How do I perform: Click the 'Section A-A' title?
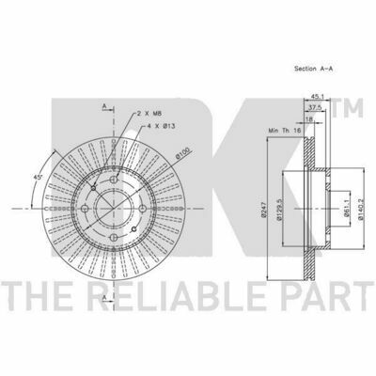[313, 69]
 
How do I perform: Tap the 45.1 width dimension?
[317, 96]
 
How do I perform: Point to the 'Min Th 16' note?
[284, 130]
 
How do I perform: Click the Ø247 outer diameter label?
[262, 209]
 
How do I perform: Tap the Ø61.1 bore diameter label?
[346, 208]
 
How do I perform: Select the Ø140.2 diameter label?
[361, 209]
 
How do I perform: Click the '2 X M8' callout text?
[149, 113]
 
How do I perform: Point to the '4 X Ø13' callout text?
[161, 126]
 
